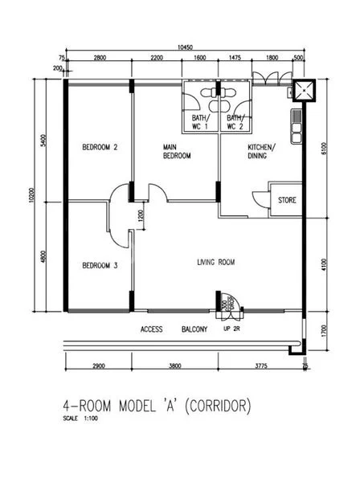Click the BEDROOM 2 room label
tap(100, 147)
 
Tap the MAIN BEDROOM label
tap(177, 151)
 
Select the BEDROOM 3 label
tap(100, 265)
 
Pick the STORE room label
tap(287, 200)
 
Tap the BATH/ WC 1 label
tap(200, 122)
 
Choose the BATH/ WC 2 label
tap(235, 122)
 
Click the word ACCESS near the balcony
tap(152, 329)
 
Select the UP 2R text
tap(232, 329)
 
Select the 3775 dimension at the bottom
tap(255, 366)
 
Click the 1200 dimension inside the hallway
tap(141, 215)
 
